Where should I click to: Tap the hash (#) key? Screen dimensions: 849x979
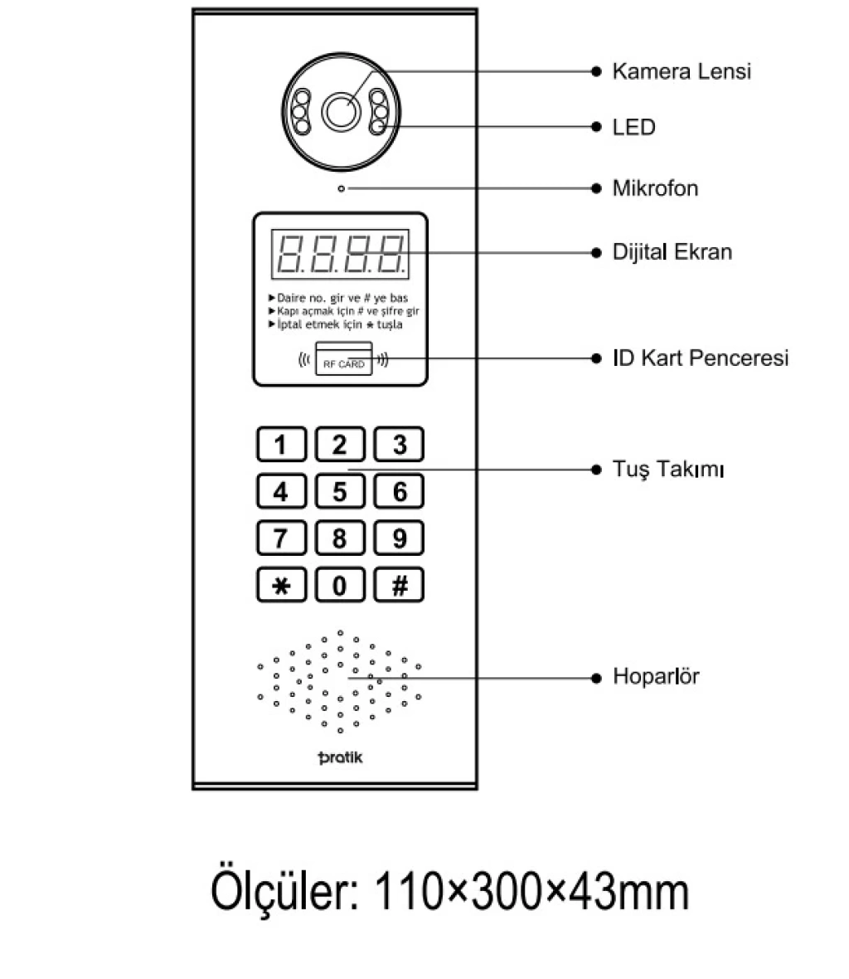pos(399,585)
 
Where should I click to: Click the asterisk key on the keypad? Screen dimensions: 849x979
pos(281,585)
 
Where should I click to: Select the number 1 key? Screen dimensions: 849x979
pos(281,445)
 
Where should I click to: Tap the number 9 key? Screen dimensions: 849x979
pos(399,538)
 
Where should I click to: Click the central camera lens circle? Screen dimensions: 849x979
pos(341,112)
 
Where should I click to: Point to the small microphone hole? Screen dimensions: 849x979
pos(342,188)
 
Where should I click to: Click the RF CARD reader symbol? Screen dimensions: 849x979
pos(344,359)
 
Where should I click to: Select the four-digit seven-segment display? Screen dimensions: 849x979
pos(340,254)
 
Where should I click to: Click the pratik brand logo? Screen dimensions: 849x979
pos(340,757)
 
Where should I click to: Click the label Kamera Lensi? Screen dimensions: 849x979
pos(682,71)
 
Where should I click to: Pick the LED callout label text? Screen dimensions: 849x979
pos(633,128)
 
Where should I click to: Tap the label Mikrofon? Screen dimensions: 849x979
pos(655,188)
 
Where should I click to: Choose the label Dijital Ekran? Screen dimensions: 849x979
pos(672,252)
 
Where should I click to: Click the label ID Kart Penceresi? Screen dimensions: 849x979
pos(701,358)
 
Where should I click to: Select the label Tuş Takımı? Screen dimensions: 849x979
pos(668,469)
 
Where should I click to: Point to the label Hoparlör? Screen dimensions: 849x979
pos(656,676)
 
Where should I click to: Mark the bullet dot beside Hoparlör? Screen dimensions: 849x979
pos(596,678)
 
